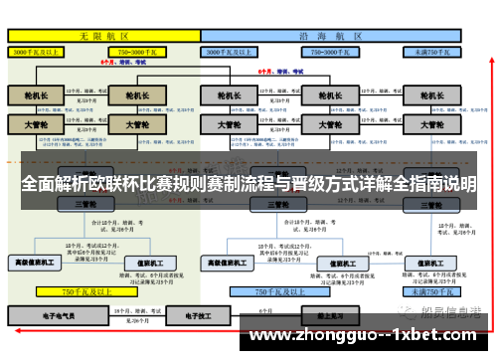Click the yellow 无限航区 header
[x=103, y=34]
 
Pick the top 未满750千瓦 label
[x=432, y=50]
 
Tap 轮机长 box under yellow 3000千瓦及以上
[x=36, y=97]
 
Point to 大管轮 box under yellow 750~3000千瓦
[x=131, y=126]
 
